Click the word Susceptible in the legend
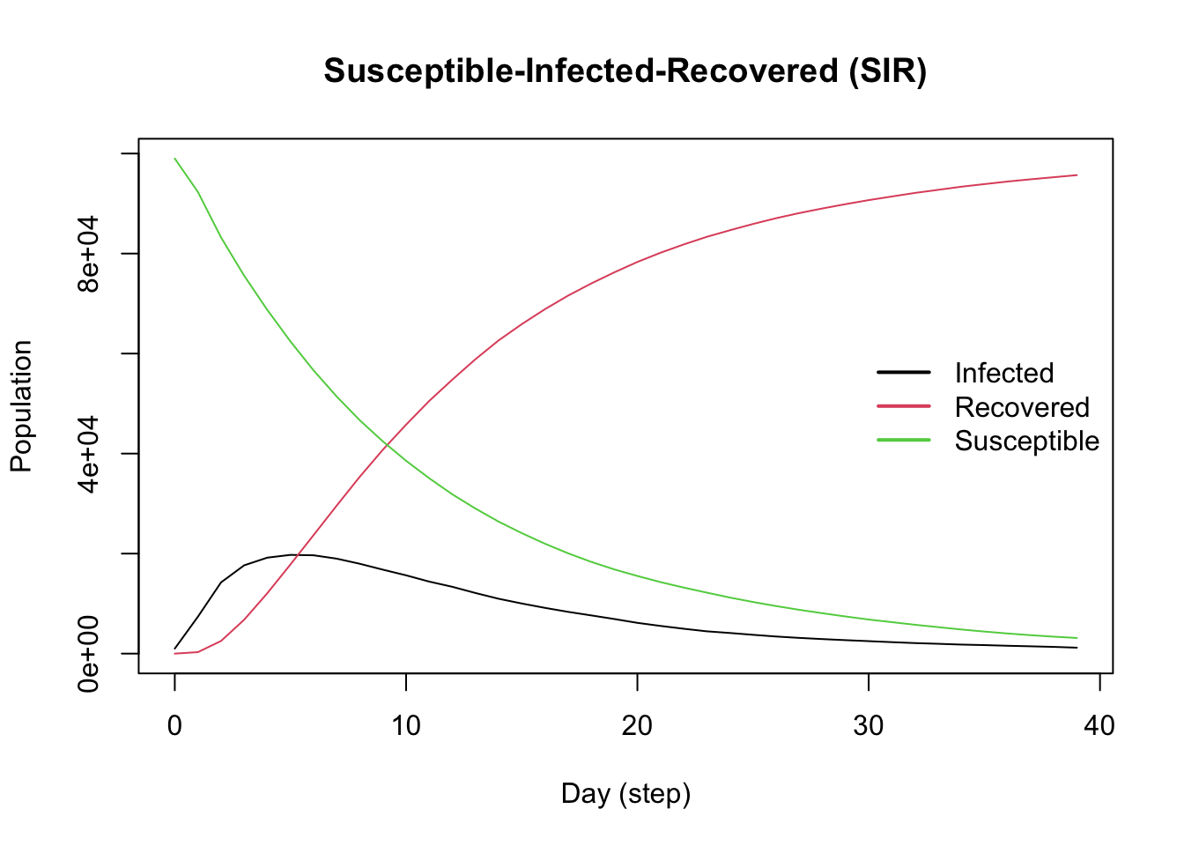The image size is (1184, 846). click(1026, 441)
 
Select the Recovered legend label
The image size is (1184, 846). click(1022, 407)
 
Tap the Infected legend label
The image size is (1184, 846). click(1003, 373)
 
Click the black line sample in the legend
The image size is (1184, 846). click(903, 372)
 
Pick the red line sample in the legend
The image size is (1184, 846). click(903, 406)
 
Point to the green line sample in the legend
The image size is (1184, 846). click(903, 440)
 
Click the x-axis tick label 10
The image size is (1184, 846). click(406, 725)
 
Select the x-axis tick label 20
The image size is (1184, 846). click(637, 725)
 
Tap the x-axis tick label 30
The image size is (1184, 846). click(869, 725)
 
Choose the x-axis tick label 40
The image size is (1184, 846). click(1099, 725)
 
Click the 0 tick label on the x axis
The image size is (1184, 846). click(174, 725)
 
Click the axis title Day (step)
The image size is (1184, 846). click(625, 794)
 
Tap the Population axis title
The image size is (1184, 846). click(21, 406)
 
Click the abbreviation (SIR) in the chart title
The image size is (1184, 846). click(887, 70)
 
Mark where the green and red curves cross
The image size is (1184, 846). click(388, 445)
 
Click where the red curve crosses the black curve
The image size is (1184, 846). click(298, 554)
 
